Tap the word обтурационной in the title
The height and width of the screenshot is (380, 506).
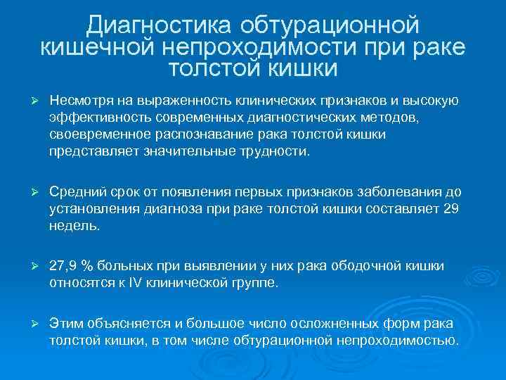click(x=330, y=25)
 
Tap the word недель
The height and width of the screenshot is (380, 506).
click(x=74, y=226)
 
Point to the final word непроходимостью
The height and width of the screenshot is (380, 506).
click(x=405, y=341)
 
